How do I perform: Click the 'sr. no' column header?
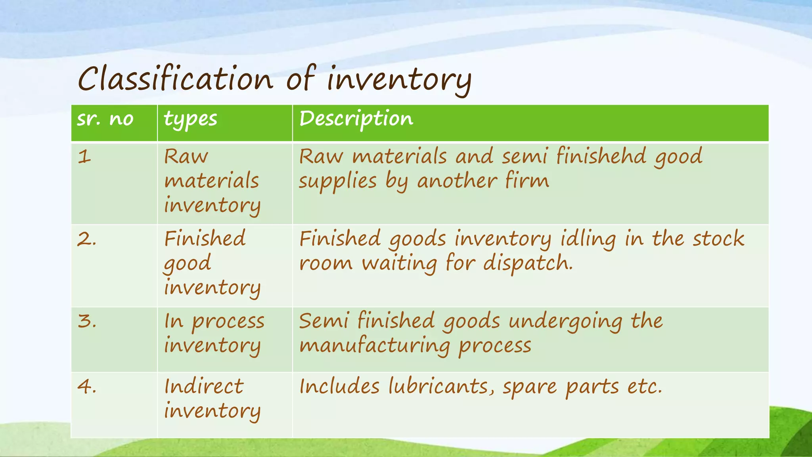[x=105, y=119]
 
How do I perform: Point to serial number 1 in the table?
[x=84, y=156]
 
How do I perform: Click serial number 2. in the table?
[x=87, y=239]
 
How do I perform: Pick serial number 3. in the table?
[x=87, y=321]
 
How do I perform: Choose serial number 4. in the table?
[x=87, y=386]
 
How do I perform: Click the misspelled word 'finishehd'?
[x=601, y=156]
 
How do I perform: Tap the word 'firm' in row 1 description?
[x=527, y=181]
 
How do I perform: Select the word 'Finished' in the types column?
[x=205, y=239]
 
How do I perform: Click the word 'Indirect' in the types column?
[x=204, y=386]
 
